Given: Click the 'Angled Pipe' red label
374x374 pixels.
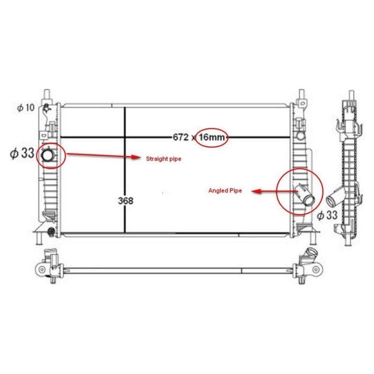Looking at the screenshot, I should click(x=225, y=191).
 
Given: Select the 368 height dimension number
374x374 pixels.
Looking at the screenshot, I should click(x=126, y=201).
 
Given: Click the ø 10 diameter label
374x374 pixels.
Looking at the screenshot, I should click(x=26, y=108).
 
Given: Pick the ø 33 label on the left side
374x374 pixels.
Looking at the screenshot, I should click(x=22, y=153).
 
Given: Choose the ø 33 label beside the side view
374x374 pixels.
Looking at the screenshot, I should click(x=327, y=216).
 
